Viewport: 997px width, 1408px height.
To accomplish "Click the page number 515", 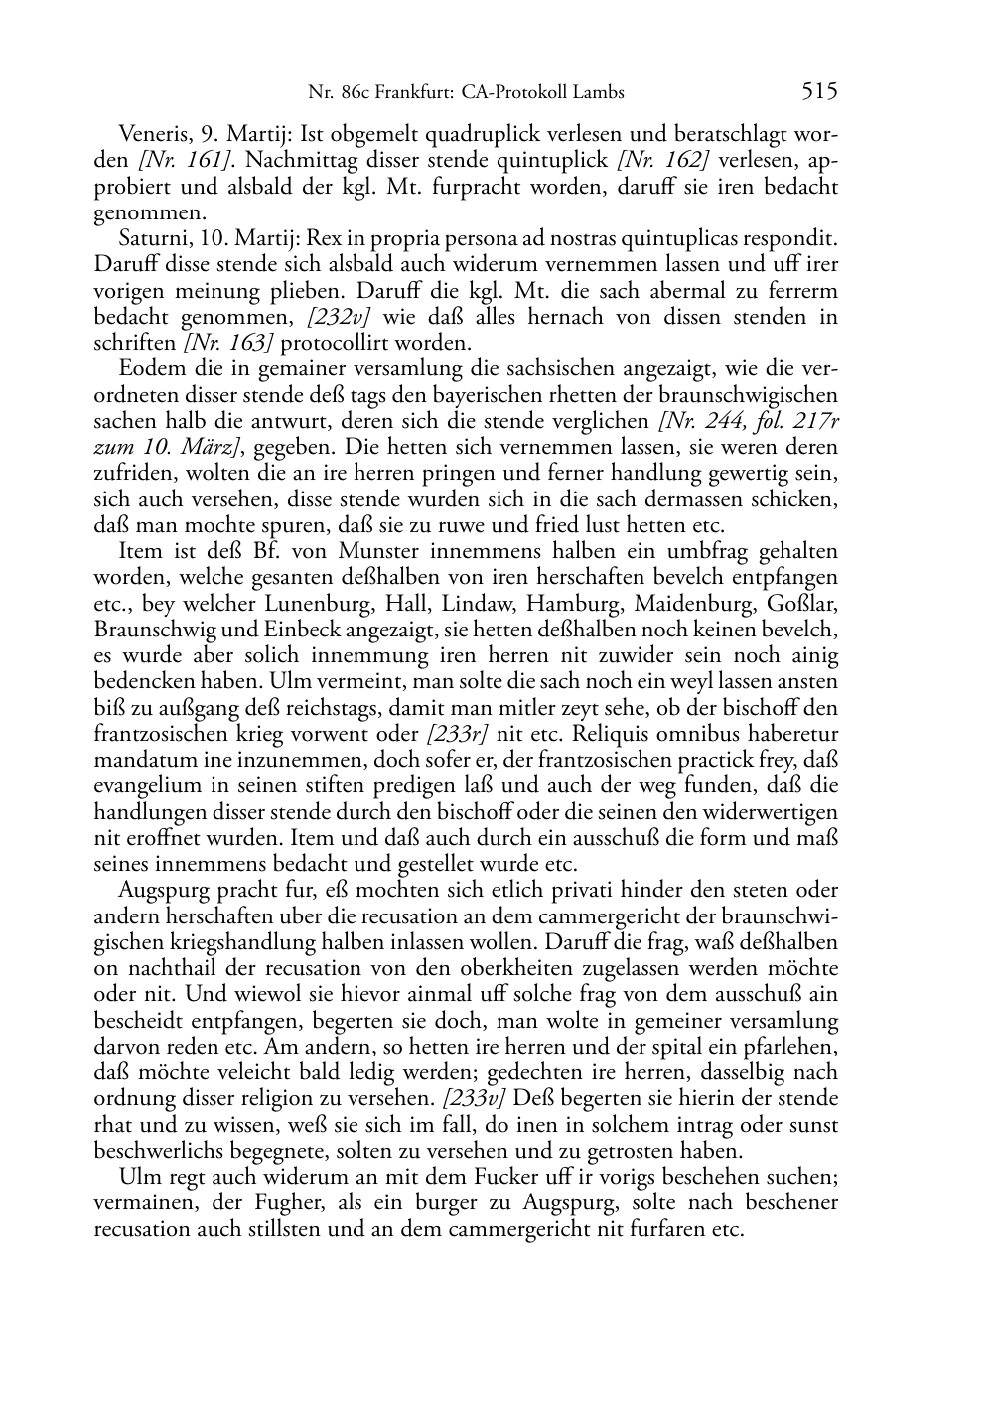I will pos(820,92).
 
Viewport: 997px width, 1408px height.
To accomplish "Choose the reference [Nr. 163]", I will pos(227,343).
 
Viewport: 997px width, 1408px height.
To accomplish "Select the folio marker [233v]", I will pos(477,1099).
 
